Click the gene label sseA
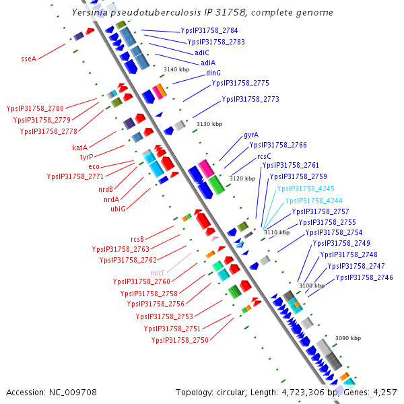(x=28, y=59)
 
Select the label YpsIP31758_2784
(x=209, y=31)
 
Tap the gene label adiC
(x=202, y=52)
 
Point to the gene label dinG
(x=213, y=73)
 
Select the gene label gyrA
(x=251, y=135)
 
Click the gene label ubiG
(x=118, y=209)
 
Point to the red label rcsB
(x=137, y=239)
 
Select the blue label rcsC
(x=264, y=156)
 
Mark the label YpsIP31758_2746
(x=364, y=277)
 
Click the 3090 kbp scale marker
(x=348, y=338)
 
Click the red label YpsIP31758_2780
(x=35, y=108)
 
